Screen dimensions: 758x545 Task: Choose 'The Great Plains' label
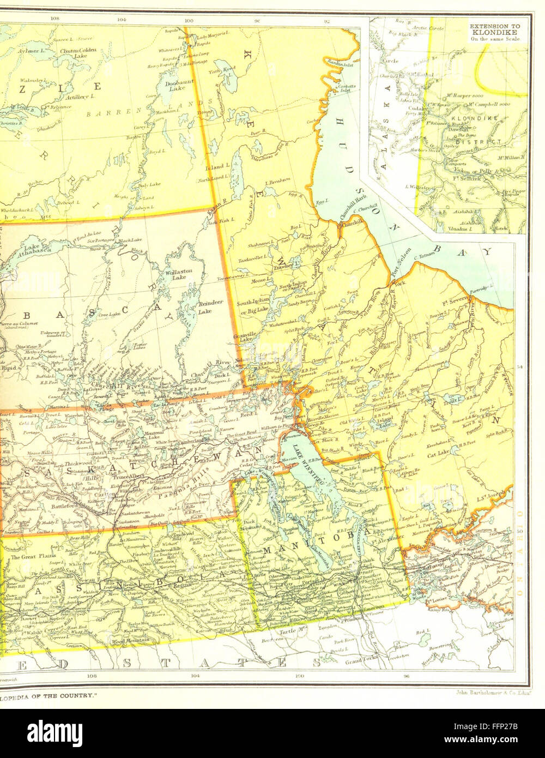(x=31, y=557)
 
